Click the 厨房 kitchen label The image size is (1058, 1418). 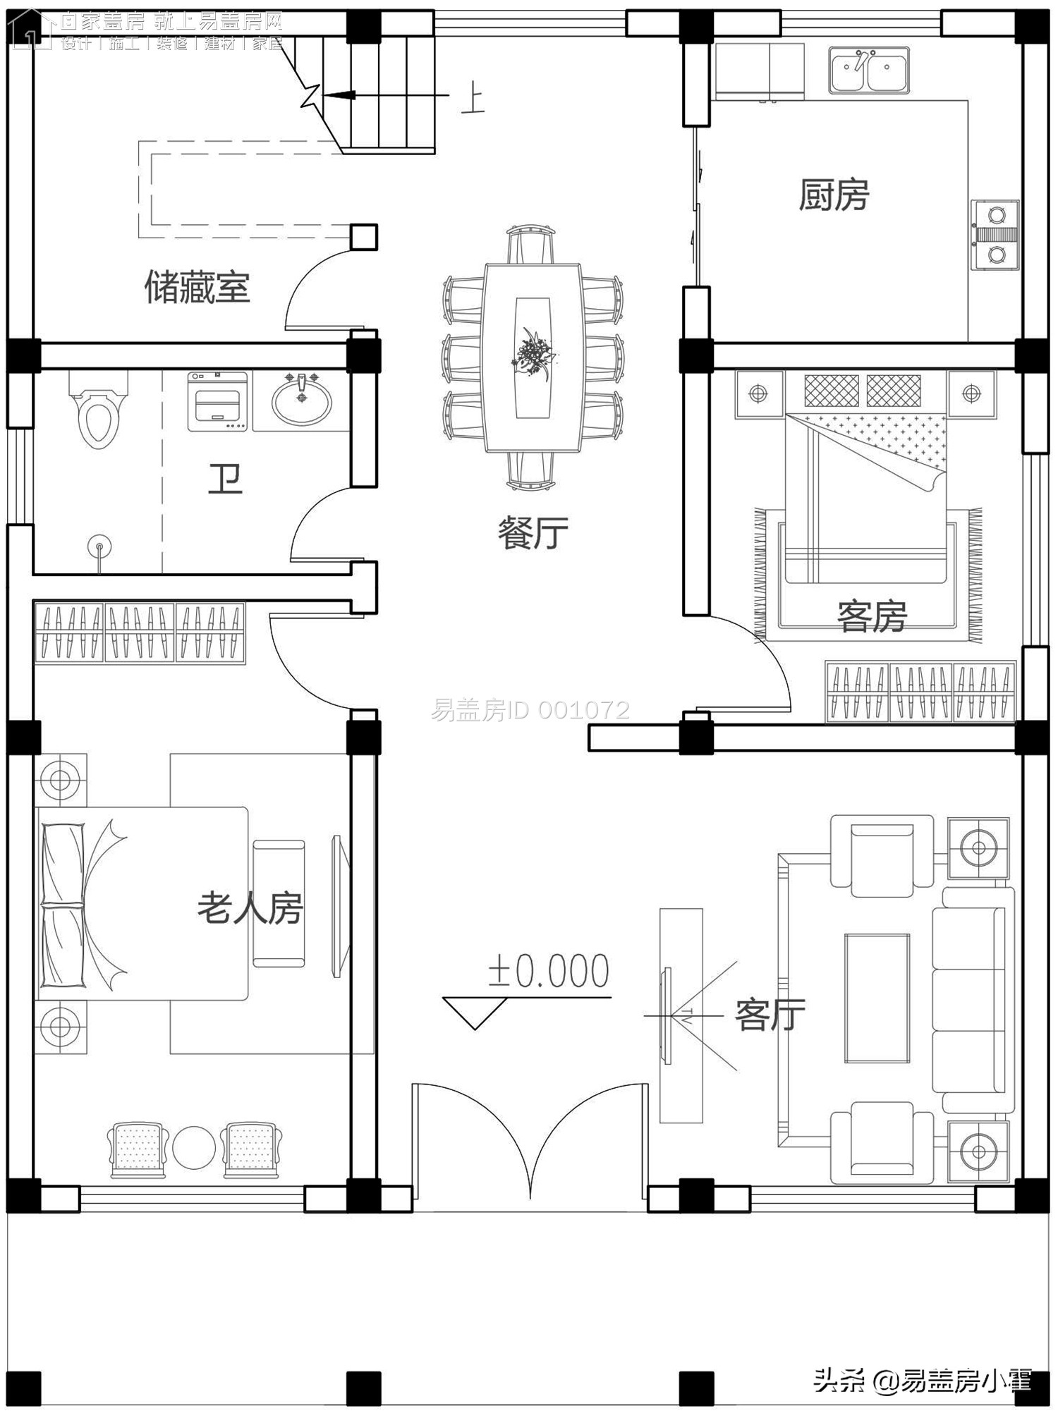[x=833, y=195]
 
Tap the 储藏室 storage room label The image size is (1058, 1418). [x=197, y=288]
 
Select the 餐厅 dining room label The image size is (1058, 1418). [x=533, y=533]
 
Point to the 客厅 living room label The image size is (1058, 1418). [x=770, y=1015]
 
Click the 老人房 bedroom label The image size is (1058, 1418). [x=250, y=908]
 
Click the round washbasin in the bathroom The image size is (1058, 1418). [x=302, y=399]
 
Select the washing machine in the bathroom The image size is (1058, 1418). [x=217, y=402]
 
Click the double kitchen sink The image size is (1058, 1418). [x=868, y=71]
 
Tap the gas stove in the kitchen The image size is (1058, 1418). [x=995, y=235]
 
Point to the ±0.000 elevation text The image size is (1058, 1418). [x=548, y=972]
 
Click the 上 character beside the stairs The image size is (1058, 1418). [x=473, y=99]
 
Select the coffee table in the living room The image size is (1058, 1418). [x=877, y=998]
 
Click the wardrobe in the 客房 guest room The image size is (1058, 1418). [x=920, y=692]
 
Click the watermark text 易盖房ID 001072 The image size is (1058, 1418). [x=530, y=710]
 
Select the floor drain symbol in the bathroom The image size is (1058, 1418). [x=99, y=546]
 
